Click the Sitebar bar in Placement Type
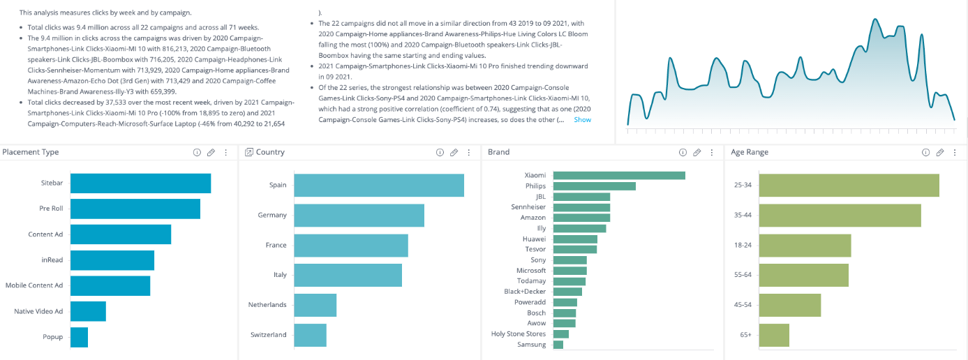140,183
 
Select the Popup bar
79,337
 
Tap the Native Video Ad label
38,311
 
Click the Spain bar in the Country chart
378,185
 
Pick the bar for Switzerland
310,335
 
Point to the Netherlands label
267,305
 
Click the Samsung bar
558,345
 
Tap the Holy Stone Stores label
519,334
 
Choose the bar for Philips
594,186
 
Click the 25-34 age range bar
849,186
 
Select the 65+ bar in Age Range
774,335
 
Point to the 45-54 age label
743,305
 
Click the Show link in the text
582,120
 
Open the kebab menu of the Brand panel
711,152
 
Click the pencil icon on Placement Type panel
211,152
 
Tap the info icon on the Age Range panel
925,152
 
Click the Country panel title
270,152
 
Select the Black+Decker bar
567,292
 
